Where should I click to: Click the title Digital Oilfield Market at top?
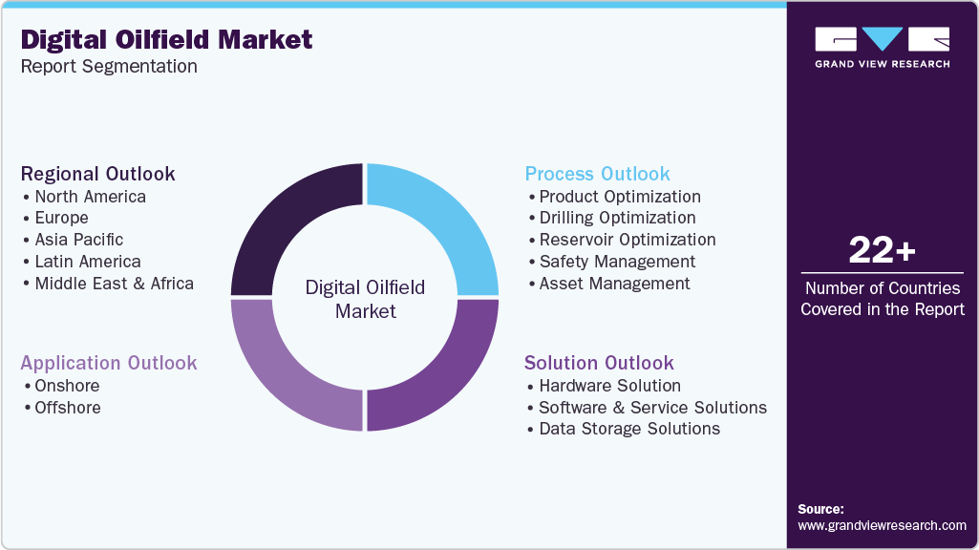[166, 39]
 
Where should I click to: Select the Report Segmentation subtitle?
[109, 67]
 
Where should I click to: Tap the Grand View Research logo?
[882, 46]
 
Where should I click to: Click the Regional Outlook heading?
[97, 174]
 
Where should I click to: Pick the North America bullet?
[90, 197]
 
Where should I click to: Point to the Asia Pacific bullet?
[78, 240]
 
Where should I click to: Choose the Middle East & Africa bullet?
[114, 284]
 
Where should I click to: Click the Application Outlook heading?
[109, 363]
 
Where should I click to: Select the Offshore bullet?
[67, 408]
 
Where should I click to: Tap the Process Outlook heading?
[597, 174]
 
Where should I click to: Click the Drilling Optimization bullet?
[617, 218]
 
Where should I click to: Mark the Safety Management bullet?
[617, 262]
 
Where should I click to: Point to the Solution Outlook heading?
[599, 363]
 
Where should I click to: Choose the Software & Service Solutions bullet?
[652, 408]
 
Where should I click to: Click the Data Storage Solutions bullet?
[629, 430]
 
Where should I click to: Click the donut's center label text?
[365, 299]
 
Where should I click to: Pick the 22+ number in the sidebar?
[882, 251]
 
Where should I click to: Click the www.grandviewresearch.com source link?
[882, 525]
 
